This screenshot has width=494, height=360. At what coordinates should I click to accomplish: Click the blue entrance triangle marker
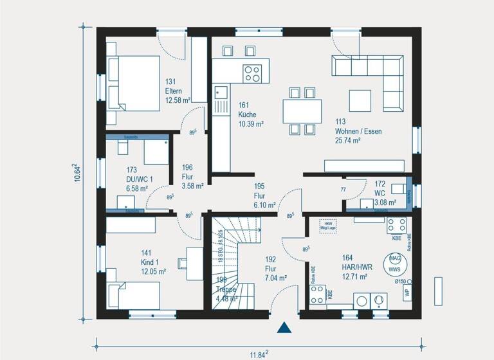284,328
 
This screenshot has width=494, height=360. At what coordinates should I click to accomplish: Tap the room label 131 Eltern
178,91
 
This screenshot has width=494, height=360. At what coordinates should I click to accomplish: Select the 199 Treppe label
226,289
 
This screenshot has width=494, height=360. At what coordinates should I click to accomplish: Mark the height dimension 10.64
77,173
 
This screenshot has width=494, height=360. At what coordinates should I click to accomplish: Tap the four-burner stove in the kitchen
252,72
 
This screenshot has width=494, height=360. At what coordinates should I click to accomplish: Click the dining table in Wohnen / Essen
302,110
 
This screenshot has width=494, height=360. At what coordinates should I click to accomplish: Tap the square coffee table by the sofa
360,100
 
